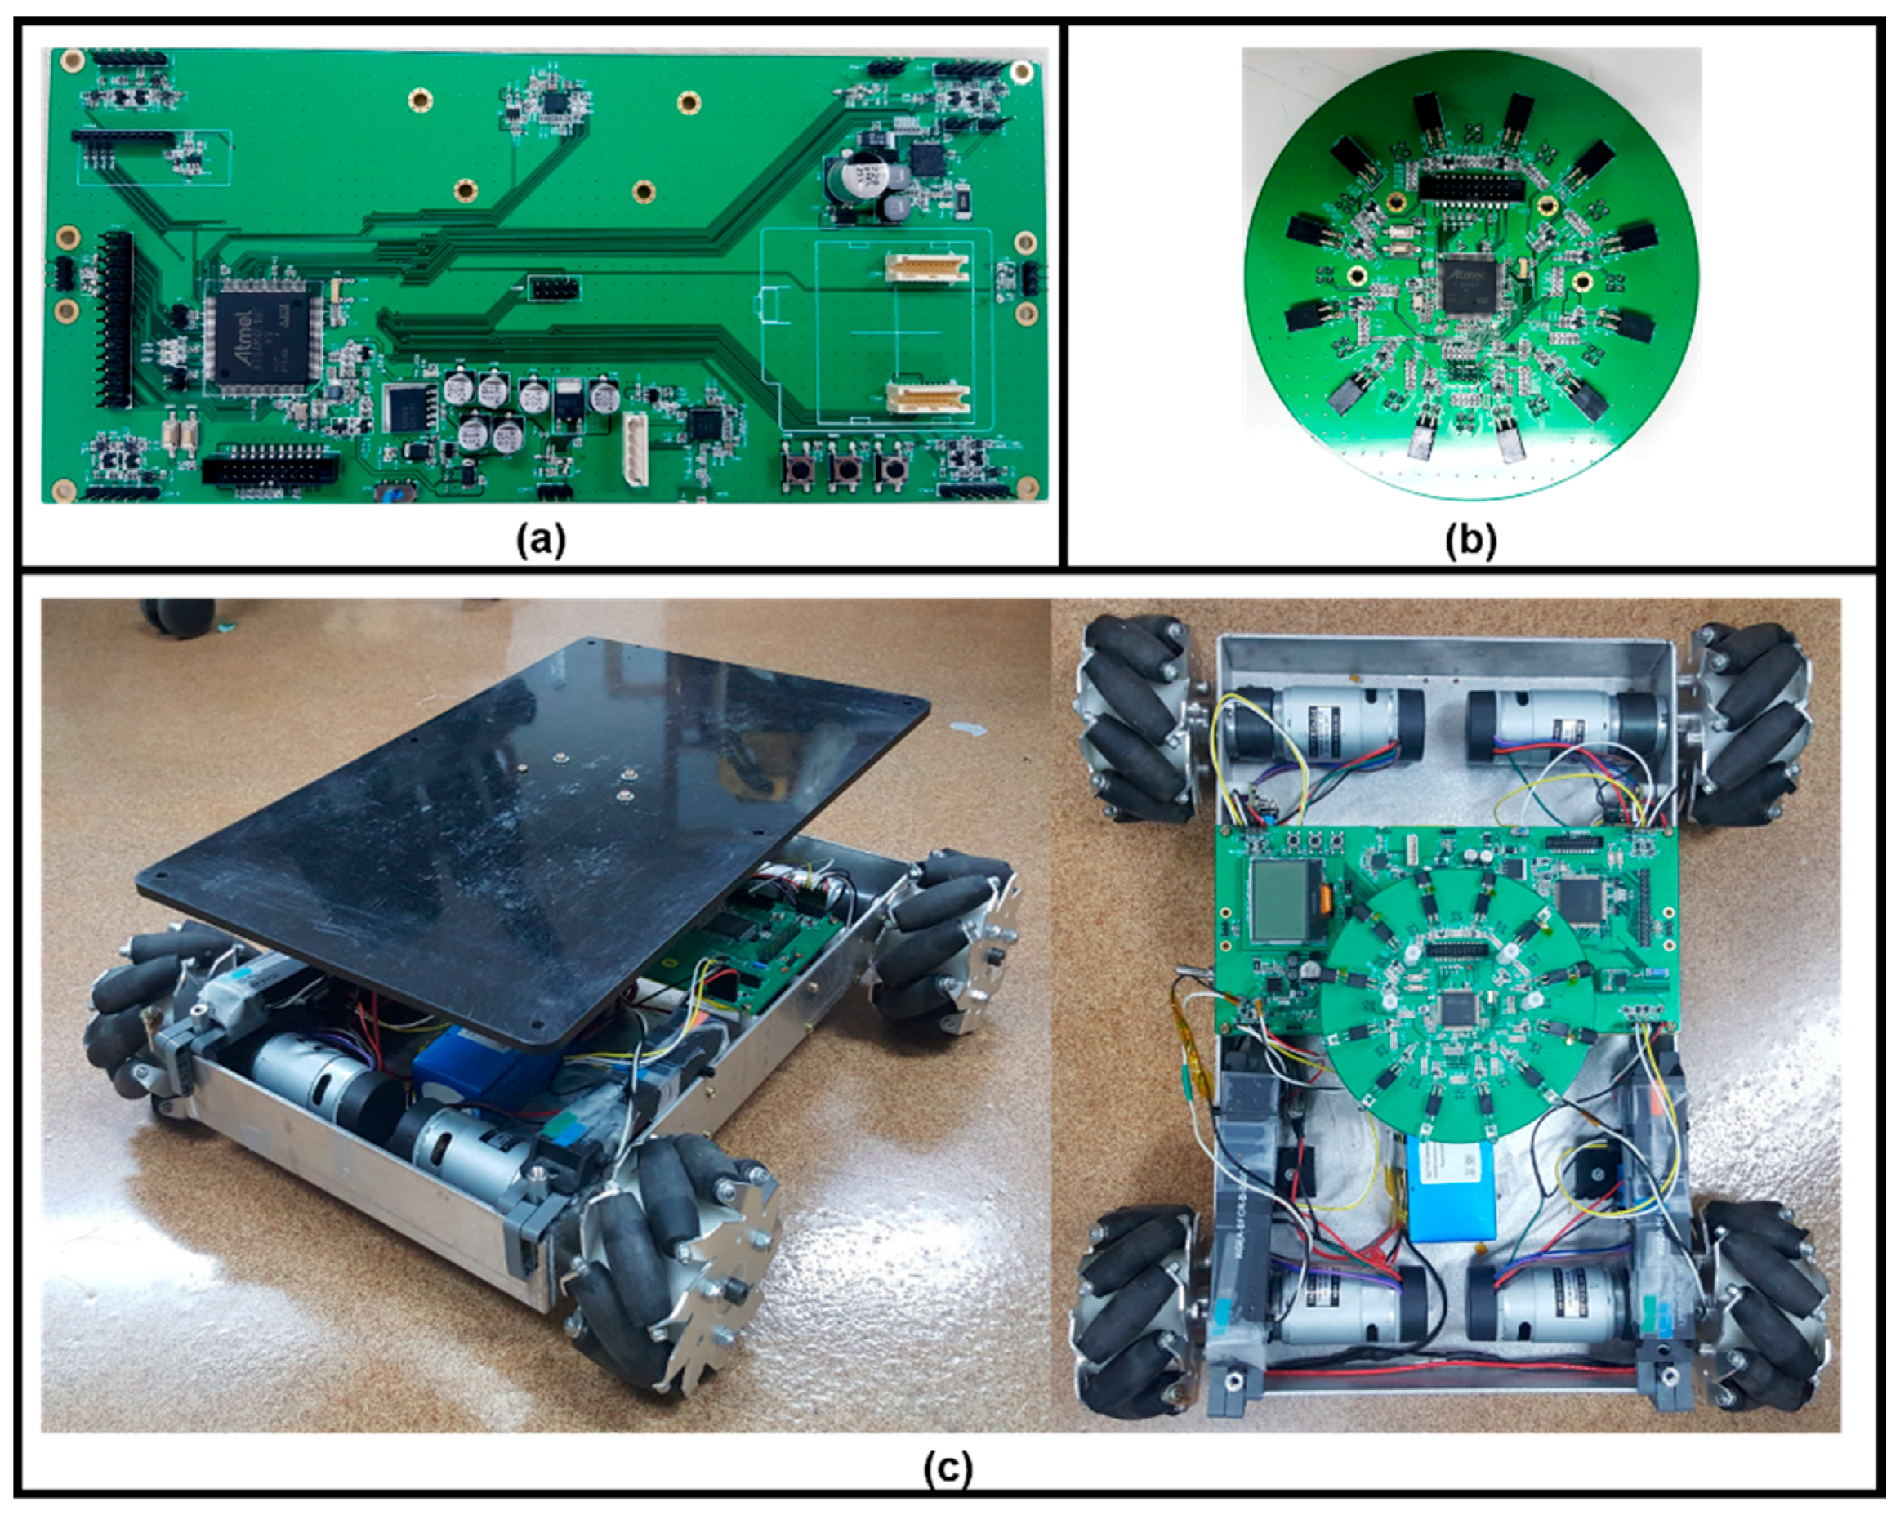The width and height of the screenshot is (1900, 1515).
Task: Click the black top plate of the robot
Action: point(529,820)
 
